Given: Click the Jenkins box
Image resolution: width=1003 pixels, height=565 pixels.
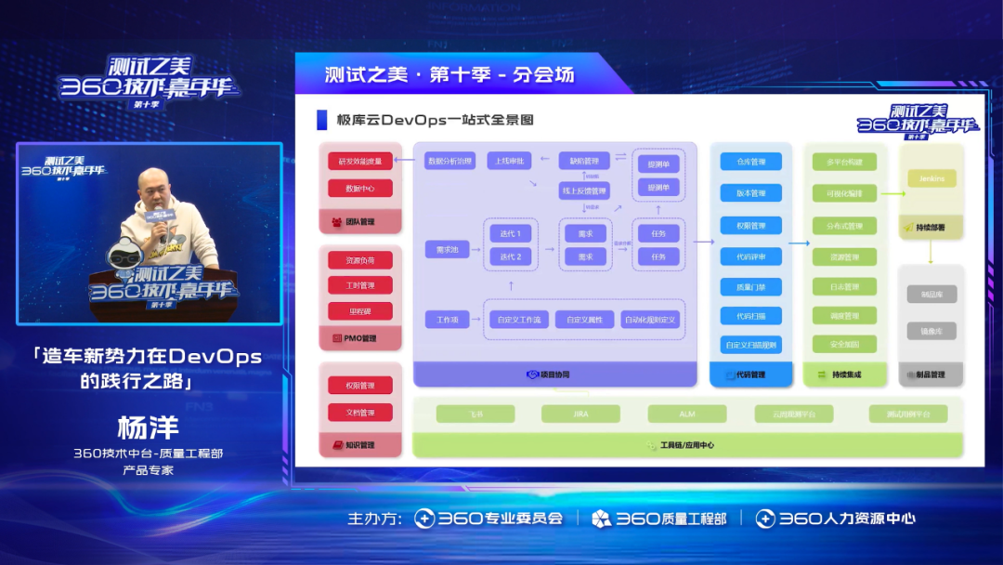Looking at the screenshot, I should click(x=931, y=178).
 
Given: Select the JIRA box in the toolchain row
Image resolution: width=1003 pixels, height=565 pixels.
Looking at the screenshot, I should click(x=581, y=414).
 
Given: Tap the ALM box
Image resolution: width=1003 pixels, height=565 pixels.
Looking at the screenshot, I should click(x=687, y=414).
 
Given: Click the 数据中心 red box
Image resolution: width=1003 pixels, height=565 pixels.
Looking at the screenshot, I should click(x=359, y=189).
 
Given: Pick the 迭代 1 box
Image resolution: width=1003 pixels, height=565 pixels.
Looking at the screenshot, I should click(x=510, y=233).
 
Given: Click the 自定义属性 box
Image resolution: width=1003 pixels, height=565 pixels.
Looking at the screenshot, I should click(x=584, y=320).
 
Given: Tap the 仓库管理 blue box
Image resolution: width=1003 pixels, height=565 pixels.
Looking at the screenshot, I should click(x=750, y=162).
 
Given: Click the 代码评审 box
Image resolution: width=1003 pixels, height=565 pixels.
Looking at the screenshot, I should click(x=750, y=256).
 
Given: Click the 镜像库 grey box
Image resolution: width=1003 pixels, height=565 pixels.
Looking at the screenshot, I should click(x=931, y=331).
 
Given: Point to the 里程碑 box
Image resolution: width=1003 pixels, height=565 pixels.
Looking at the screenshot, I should click(x=359, y=311).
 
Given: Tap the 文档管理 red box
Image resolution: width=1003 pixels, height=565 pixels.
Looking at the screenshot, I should click(x=359, y=412).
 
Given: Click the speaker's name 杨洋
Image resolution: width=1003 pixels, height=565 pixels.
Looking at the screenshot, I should click(x=148, y=428).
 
